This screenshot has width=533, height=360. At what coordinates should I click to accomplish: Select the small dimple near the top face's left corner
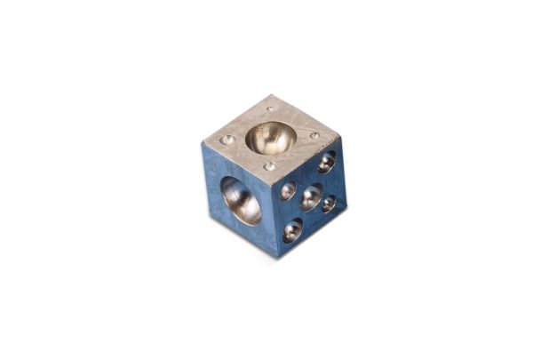(x=227, y=140)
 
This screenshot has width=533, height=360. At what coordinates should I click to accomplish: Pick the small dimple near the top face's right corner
(x=314, y=136)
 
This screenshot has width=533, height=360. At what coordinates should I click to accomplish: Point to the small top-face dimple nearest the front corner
(x=269, y=165)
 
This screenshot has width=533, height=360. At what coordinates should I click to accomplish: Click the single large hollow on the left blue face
(x=241, y=200)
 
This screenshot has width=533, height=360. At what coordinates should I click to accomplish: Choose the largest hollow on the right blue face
(x=311, y=196)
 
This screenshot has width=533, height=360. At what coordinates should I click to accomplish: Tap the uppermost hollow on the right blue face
(x=327, y=162)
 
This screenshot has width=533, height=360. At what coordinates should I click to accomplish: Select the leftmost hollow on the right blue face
(x=288, y=190)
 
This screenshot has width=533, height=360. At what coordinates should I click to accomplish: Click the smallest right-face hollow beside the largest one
(x=329, y=204)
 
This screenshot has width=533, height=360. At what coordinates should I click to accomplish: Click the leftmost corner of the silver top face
(x=203, y=145)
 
